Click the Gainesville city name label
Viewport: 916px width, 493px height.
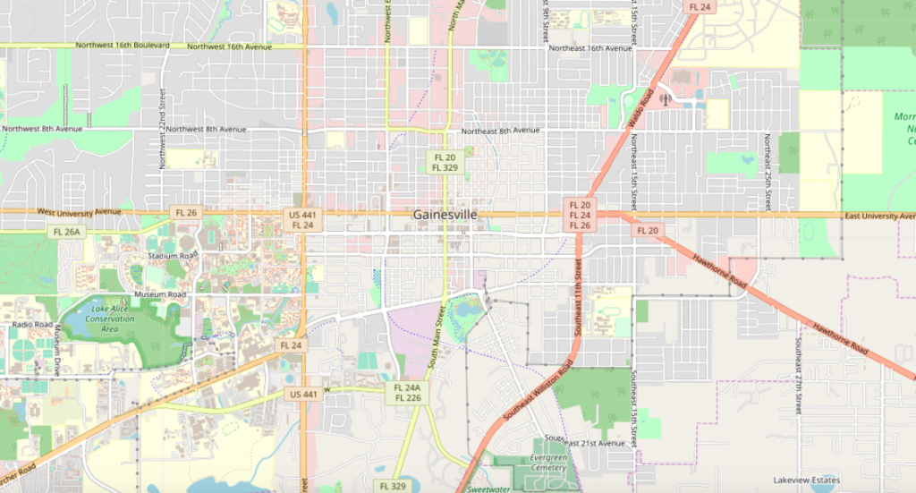click(445, 215)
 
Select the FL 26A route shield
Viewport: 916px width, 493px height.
click(64, 232)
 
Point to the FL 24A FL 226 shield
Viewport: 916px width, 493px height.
click(407, 393)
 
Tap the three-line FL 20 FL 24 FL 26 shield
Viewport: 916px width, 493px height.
click(579, 215)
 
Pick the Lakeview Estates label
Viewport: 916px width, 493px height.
click(807, 480)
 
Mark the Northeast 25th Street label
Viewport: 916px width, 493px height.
click(767, 172)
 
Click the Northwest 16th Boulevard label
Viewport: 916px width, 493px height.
click(123, 46)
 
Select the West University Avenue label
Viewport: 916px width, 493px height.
click(79, 212)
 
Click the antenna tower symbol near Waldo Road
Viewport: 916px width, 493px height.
click(664, 100)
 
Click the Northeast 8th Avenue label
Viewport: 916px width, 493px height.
click(500, 131)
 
